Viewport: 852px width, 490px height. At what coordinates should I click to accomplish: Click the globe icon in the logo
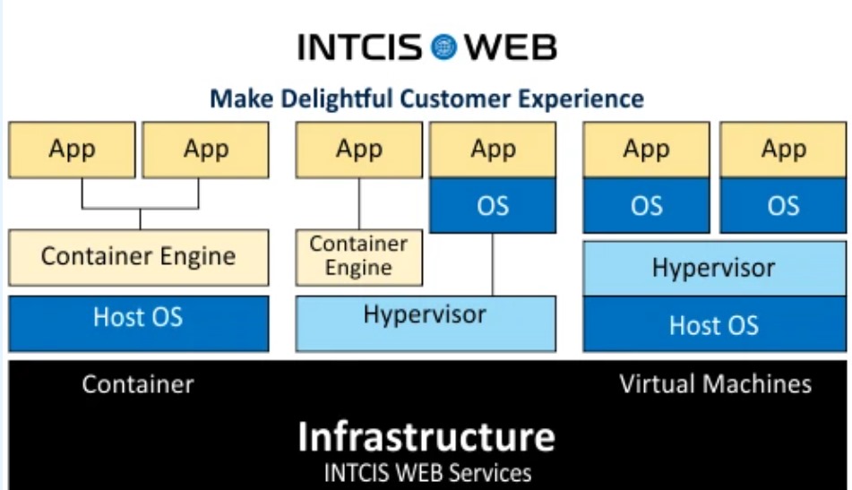click(x=444, y=47)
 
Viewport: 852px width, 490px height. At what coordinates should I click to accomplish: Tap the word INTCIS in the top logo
click(x=360, y=47)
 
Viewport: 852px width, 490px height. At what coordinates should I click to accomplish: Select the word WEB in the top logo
click(x=511, y=47)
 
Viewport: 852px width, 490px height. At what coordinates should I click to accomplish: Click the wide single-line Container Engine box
click(x=139, y=257)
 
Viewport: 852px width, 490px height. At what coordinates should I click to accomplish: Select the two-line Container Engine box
click(x=359, y=257)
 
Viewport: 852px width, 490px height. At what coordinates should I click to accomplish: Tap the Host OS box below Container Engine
click(x=139, y=323)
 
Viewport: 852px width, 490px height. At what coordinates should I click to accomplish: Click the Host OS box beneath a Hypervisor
click(x=715, y=323)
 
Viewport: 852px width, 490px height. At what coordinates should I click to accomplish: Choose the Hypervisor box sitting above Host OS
click(x=715, y=269)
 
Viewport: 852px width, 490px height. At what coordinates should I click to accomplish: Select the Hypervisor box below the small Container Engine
click(x=426, y=323)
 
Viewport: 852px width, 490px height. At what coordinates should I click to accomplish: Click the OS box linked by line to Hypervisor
click(x=493, y=205)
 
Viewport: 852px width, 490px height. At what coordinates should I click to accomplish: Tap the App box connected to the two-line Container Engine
click(x=359, y=150)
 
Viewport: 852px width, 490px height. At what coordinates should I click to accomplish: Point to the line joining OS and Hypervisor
click(x=493, y=264)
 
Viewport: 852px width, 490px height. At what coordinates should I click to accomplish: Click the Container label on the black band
click(x=138, y=384)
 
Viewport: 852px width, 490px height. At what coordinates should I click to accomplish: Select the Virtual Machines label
click(x=716, y=384)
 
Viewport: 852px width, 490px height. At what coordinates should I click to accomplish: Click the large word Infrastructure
click(x=426, y=437)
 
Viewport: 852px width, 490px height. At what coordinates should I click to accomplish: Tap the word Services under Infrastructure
click(x=491, y=473)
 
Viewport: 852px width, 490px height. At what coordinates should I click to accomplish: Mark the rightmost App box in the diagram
click(x=783, y=150)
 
